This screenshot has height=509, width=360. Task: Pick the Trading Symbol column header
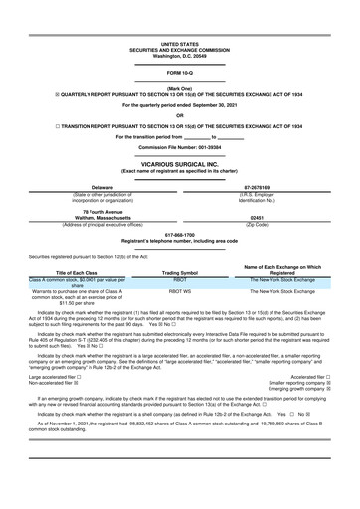(x=180, y=272)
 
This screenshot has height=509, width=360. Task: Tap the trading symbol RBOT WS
(x=180, y=292)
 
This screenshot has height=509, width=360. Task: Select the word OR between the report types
(x=179, y=113)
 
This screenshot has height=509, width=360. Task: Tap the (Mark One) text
(x=179, y=87)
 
